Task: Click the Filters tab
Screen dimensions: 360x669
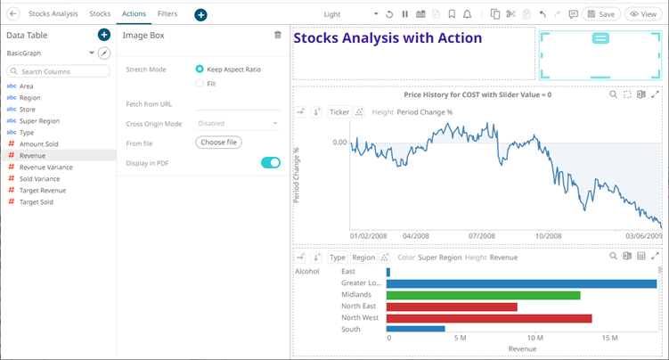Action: pyautogui.click(x=167, y=14)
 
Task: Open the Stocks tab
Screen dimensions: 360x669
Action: pyautogui.click(x=101, y=14)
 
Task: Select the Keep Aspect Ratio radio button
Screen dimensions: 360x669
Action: pyautogui.click(x=200, y=69)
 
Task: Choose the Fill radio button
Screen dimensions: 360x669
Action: pyautogui.click(x=200, y=84)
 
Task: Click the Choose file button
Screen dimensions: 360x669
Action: pyautogui.click(x=218, y=142)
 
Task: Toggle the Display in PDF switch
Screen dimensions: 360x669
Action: pyautogui.click(x=270, y=163)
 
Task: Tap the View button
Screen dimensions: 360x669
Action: pyautogui.click(x=645, y=14)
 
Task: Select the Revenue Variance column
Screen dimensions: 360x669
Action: pyautogui.click(x=46, y=167)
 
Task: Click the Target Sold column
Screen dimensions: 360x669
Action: pyautogui.click(x=37, y=202)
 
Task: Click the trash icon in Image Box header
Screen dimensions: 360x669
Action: pyautogui.click(x=278, y=35)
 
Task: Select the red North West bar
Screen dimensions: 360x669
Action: pyautogui.click(x=489, y=318)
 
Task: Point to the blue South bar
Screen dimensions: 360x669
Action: pyautogui.click(x=416, y=329)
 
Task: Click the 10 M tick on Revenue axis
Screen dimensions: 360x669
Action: pyautogui.click(x=534, y=339)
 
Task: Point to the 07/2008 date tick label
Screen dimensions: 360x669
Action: pyautogui.click(x=482, y=236)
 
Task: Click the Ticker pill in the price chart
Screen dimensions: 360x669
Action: pyautogui.click(x=339, y=112)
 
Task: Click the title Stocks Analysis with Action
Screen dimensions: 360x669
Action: pyautogui.click(x=388, y=38)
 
